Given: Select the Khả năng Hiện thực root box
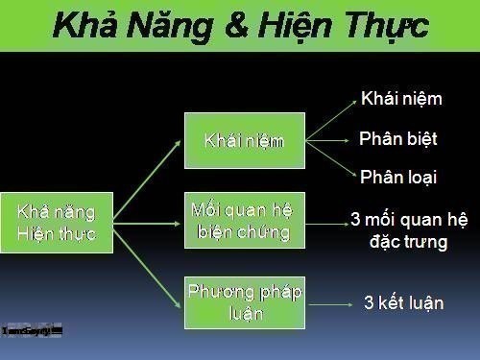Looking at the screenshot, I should click(57, 223).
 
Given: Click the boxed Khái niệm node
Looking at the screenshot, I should click(244, 141).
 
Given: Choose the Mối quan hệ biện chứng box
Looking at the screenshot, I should click(244, 220).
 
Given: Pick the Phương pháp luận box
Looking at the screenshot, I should click(244, 302).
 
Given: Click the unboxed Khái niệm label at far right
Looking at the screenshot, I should click(400, 99).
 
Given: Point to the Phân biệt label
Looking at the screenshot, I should click(397, 139).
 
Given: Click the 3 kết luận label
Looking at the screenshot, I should click(403, 303).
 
